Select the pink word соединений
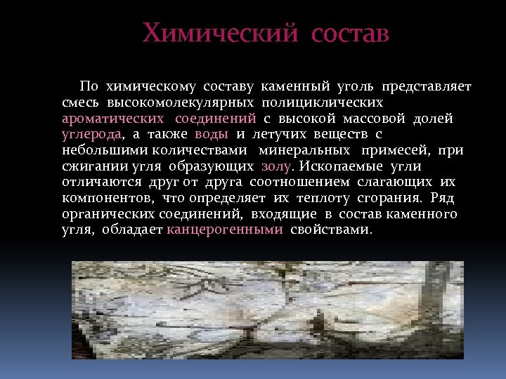(x=216, y=119)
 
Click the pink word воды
(x=211, y=134)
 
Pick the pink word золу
(x=278, y=166)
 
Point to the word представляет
(x=427, y=87)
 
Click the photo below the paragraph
(x=267, y=310)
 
